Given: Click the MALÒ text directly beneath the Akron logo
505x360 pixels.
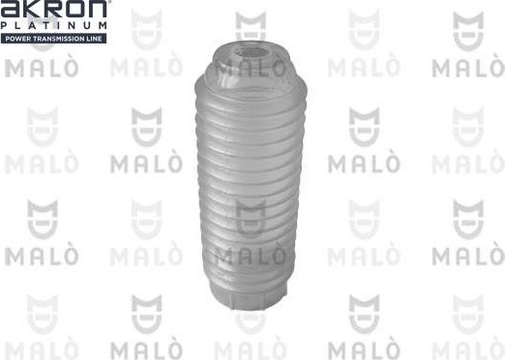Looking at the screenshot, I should [x=37, y=69].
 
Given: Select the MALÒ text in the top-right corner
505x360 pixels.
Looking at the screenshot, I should [x=467, y=69].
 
